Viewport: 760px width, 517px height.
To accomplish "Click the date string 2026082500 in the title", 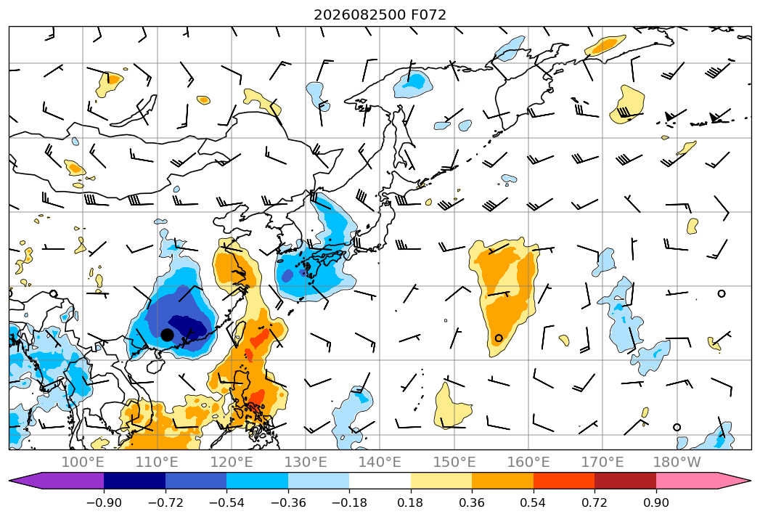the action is pyautogui.click(x=359, y=15).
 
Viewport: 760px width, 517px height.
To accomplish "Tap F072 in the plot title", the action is pyautogui.click(x=428, y=15).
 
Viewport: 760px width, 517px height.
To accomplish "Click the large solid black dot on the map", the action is pyautogui.click(x=167, y=335).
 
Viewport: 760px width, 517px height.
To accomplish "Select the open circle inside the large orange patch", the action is pyautogui.click(x=499, y=338).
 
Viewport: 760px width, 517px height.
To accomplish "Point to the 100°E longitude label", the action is pyautogui.click(x=83, y=462).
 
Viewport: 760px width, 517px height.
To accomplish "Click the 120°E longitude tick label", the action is pyautogui.click(x=232, y=462).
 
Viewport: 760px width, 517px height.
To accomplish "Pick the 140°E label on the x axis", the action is pyautogui.click(x=380, y=462).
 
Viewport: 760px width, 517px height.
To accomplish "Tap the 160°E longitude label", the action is pyautogui.click(x=528, y=462).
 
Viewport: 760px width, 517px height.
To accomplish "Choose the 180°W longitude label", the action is pyautogui.click(x=677, y=462).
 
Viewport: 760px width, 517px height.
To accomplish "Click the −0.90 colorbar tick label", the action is pyautogui.click(x=104, y=502).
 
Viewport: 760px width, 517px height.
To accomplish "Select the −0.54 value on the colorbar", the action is pyautogui.click(x=226, y=502).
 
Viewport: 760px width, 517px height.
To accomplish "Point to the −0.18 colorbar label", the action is pyautogui.click(x=349, y=502).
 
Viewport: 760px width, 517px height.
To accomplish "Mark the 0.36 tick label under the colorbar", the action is pyautogui.click(x=472, y=502).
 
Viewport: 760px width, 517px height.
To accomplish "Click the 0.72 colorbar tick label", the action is pyautogui.click(x=594, y=502).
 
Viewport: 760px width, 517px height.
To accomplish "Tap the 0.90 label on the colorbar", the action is pyautogui.click(x=655, y=502).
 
